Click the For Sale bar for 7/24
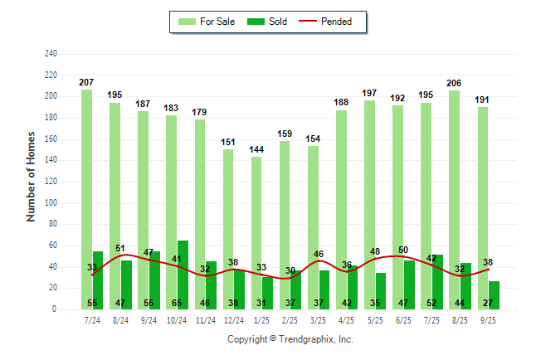coord(86,199)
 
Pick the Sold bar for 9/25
coord(495,295)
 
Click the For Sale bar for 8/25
coord(454,200)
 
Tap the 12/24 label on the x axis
coord(233,319)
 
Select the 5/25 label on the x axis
coord(375,319)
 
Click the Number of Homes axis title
coord(32,177)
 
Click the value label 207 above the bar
coord(86,83)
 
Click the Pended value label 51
coord(120,248)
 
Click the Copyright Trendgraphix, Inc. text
coord(290,339)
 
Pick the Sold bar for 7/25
coord(437,282)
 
